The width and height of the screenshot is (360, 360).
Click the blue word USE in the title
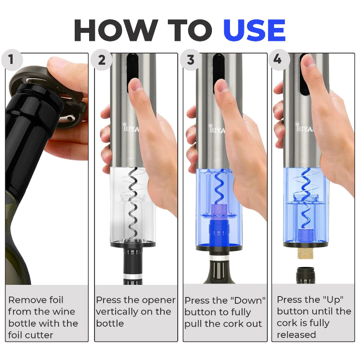point(254,30)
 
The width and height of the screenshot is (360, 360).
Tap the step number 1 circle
point(12,60)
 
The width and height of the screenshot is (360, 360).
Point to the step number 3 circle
point(190,60)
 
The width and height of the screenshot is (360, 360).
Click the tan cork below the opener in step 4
point(306,253)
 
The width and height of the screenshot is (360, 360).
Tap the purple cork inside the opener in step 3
point(219,209)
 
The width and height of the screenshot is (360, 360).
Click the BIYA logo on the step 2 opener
point(131,128)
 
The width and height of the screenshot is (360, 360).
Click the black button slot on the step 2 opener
point(132,69)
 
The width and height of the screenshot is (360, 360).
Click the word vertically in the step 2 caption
point(117,312)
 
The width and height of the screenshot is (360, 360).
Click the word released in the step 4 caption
point(296,335)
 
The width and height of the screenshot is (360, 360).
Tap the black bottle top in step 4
point(306,275)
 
